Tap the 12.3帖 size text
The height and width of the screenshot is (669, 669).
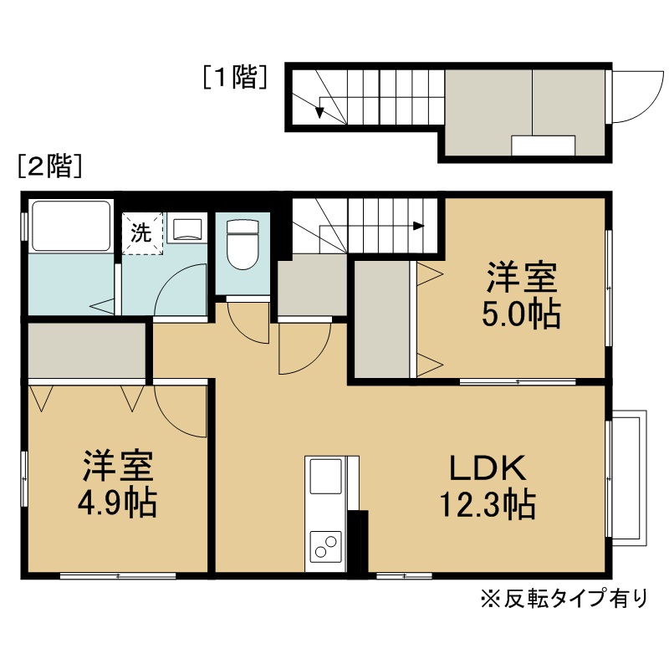pyautogui.click(x=488, y=505)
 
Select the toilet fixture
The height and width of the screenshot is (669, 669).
pyautogui.click(x=243, y=243)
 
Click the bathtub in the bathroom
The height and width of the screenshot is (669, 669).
pyautogui.click(x=70, y=226)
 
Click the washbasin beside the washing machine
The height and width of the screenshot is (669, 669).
pyautogui.click(x=186, y=228)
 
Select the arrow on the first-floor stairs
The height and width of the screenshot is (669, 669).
pyautogui.click(x=319, y=110)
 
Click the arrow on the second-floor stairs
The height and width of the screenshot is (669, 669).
pyautogui.click(x=418, y=225)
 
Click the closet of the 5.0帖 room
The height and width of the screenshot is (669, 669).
pyautogui.click(x=382, y=319)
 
